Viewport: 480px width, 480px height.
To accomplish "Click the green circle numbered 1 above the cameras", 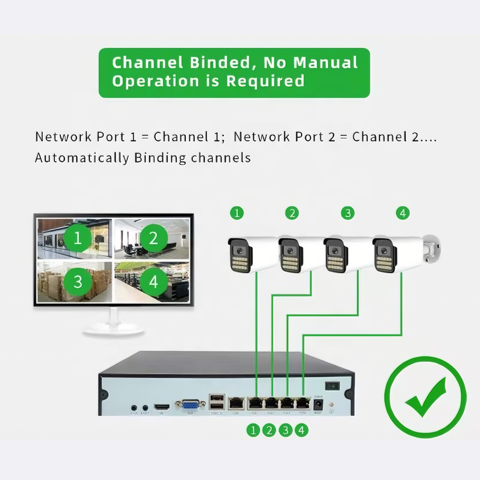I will click(x=237, y=213).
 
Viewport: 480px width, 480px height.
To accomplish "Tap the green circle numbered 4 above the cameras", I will click(x=402, y=213).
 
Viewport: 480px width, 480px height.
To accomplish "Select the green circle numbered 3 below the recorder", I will click(x=285, y=429).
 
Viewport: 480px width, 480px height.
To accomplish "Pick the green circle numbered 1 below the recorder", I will click(x=253, y=429).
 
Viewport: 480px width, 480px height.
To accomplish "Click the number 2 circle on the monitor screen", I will click(x=153, y=237).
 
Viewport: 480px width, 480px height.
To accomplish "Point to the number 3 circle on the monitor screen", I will click(x=77, y=281).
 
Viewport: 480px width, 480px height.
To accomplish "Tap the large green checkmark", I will click(x=425, y=397).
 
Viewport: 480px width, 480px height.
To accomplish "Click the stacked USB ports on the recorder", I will click(x=217, y=401).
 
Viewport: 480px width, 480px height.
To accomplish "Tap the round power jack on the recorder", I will click(x=317, y=403).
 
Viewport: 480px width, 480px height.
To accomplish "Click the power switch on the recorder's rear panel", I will click(x=332, y=385).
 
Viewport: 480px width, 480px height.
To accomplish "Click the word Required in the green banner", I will click(x=265, y=80).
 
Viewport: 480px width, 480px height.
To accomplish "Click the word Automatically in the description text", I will click(x=81, y=158).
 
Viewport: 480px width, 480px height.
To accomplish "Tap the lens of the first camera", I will click(x=238, y=250).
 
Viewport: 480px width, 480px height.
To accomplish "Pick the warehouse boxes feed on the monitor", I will click(x=74, y=282).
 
